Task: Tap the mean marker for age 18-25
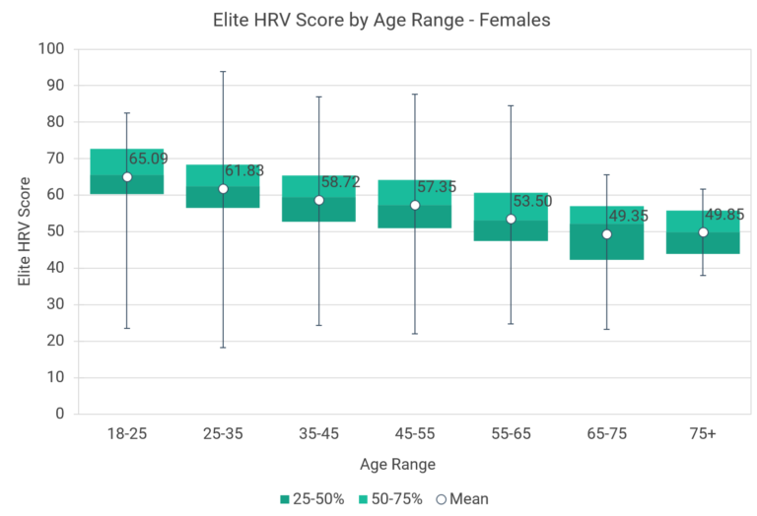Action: coord(127,177)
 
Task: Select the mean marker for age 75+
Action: coord(703,232)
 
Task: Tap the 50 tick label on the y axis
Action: coord(55,231)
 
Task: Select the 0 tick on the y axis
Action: coord(59,414)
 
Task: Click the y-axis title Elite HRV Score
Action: coord(25,231)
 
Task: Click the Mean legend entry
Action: coord(461,499)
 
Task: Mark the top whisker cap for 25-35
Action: coord(223,72)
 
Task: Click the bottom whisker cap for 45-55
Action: coord(415,334)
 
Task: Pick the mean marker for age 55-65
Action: coord(511,219)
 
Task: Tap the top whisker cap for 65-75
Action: coord(607,175)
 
